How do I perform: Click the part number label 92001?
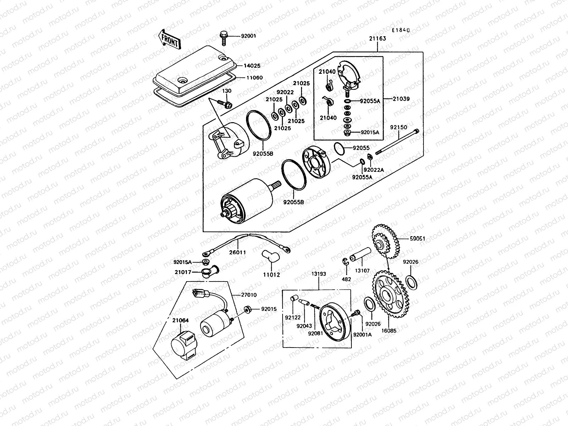(x=248, y=36)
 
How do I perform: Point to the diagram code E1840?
(x=401, y=31)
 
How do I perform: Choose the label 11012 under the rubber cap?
(x=271, y=274)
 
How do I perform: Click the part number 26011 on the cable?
(x=237, y=252)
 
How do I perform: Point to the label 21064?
(x=181, y=320)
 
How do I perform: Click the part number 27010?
(x=248, y=295)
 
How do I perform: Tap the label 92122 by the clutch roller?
(x=293, y=317)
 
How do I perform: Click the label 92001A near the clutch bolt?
(x=362, y=334)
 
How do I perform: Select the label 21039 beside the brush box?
(x=401, y=99)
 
